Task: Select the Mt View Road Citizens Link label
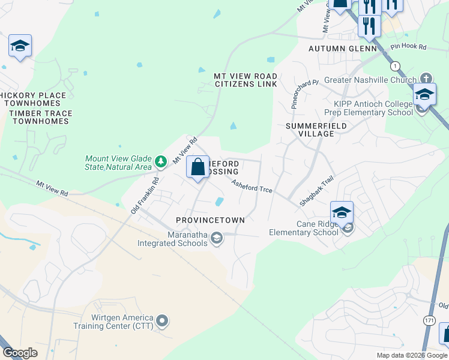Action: (246, 80)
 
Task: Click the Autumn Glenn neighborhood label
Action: (342, 49)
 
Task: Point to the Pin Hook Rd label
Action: (408, 46)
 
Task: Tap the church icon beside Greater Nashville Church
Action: (426, 78)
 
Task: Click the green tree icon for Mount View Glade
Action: (160, 161)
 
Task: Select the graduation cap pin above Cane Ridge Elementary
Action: (342, 212)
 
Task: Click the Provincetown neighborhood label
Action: (210, 220)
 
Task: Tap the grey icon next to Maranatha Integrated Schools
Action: (216, 239)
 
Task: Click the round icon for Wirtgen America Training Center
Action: (162, 322)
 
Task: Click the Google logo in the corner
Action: (20, 353)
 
